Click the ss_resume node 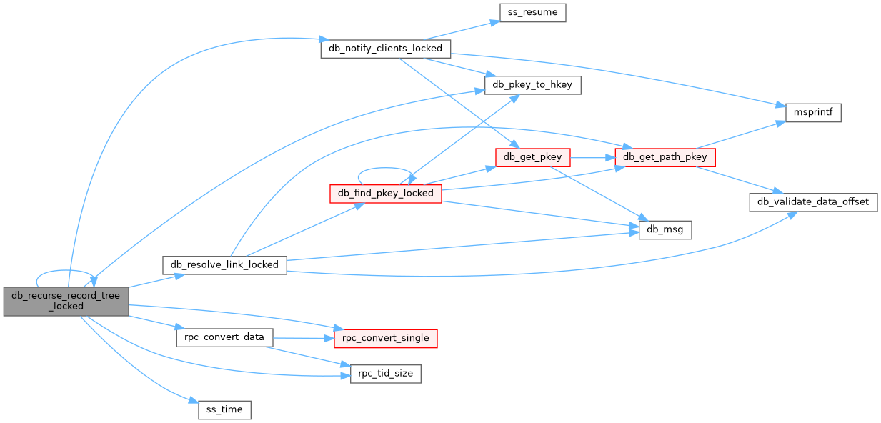532,13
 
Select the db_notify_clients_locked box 386,49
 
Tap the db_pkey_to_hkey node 533,85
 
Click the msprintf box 813,113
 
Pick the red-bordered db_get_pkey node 532,156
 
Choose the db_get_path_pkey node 665,156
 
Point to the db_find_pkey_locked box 386,193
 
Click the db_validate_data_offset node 812,201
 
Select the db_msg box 665,229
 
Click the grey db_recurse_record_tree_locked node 66,301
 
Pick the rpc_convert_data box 224,337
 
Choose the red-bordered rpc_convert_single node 386,338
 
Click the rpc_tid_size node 386,374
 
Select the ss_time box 224,410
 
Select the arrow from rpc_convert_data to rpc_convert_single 303,337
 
